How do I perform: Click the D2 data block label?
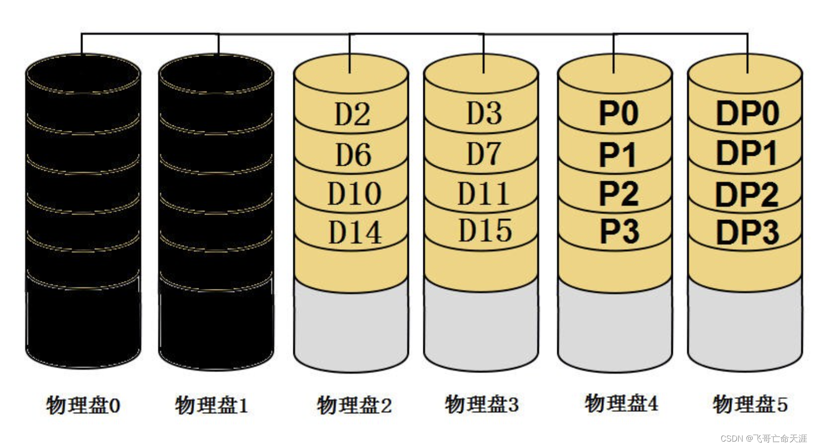[x=352, y=114]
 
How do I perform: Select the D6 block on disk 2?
[x=353, y=155]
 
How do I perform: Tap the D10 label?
[x=354, y=194]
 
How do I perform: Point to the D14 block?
[x=355, y=233]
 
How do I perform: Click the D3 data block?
[x=484, y=113]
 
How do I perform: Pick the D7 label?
[x=484, y=154]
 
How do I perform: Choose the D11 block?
[x=483, y=194]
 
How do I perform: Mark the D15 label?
[x=485, y=230]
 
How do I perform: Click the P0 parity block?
[x=618, y=113]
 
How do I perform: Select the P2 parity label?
[x=618, y=194]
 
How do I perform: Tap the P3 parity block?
[x=619, y=232]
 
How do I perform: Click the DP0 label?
[x=747, y=113]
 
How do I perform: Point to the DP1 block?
[x=746, y=153]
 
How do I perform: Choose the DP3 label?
[x=747, y=233]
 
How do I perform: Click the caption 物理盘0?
[x=83, y=405]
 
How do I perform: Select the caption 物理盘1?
[x=212, y=405]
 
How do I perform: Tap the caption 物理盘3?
[x=481, y=404]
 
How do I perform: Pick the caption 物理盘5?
[x=750, y=404]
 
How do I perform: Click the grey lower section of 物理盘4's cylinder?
[x=615, y=325]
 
